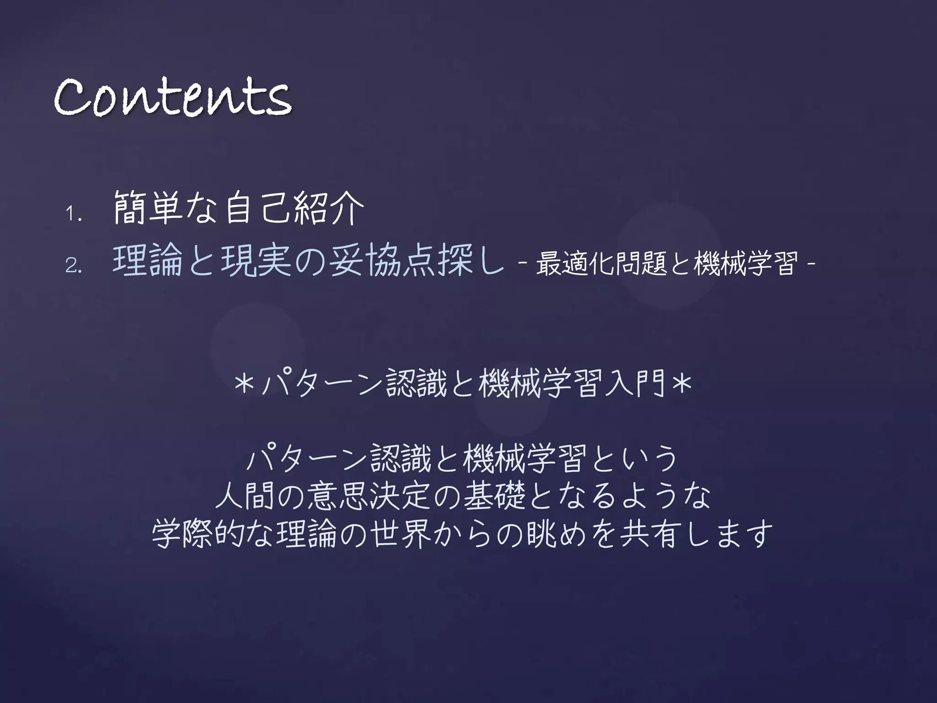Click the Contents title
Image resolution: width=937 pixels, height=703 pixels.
point(172,97)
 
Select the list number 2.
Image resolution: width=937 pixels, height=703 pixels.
point(73,266)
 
